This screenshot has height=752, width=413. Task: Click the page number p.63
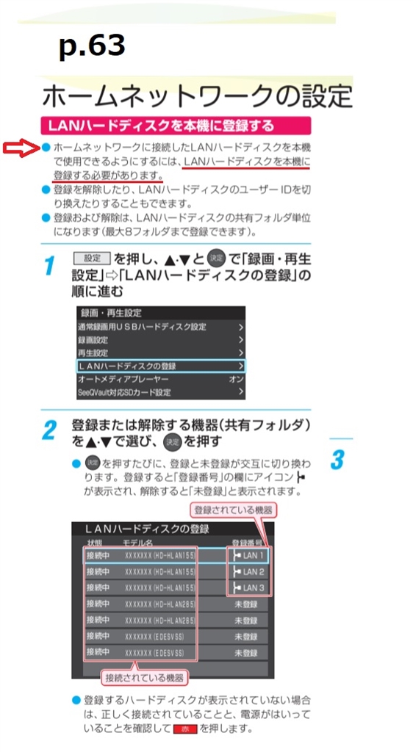[x=92, y=46]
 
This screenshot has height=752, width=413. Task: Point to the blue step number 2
[x=48, y=430]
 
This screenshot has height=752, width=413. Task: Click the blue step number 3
[x=337, y=460]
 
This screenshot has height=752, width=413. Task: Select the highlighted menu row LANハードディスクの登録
[x=162, y=365]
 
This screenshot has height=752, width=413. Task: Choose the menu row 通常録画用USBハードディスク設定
[x=162, y=326]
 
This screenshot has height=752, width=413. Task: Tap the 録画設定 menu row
[x=162, y=339]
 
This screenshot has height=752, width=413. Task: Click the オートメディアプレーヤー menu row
[x=162, y=379]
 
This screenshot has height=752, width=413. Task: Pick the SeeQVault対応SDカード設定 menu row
[x=162, y=392]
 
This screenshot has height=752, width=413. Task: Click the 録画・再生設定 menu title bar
[x=162, y=312]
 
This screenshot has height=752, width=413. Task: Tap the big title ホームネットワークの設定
[x=197, y=95]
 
